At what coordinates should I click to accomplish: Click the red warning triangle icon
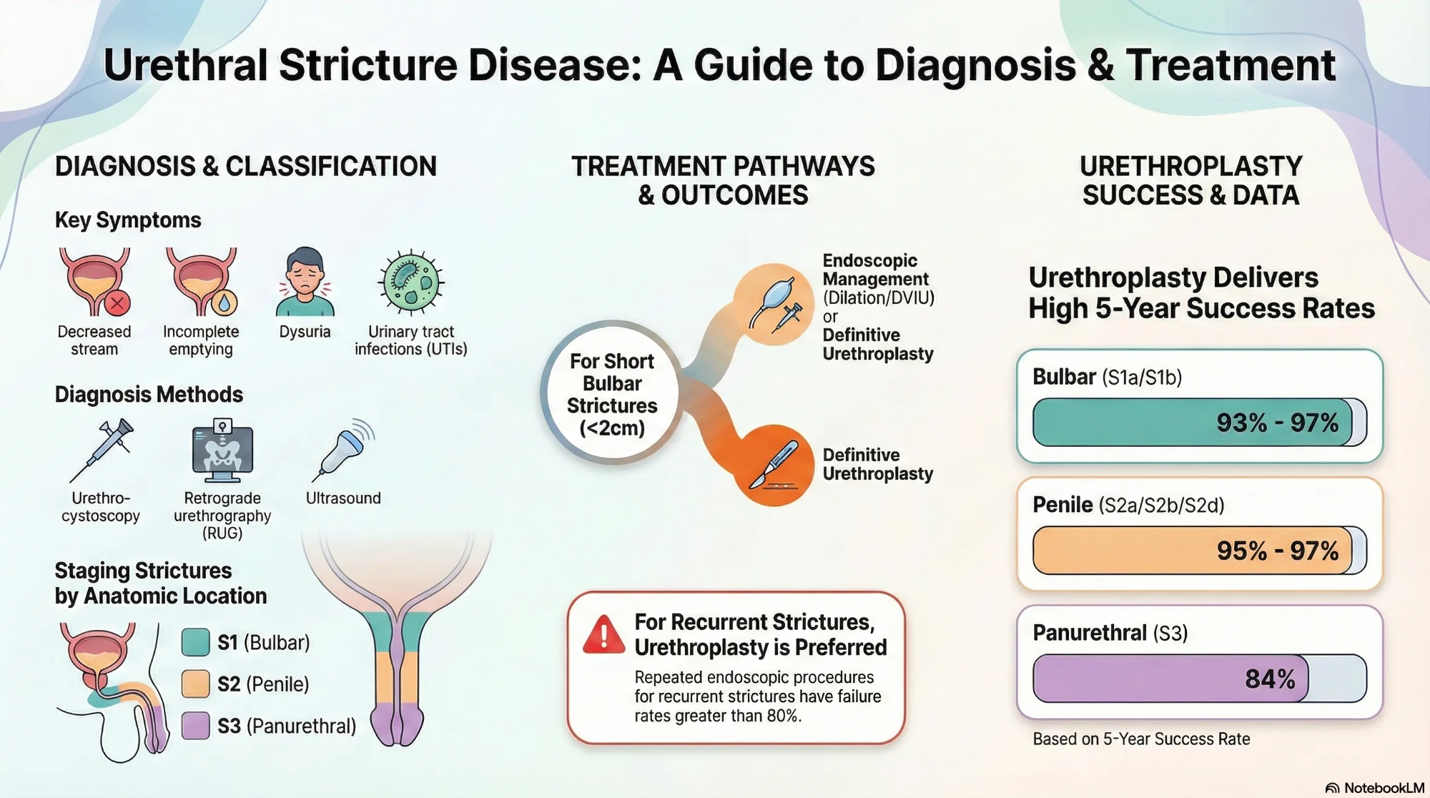pos(603,635)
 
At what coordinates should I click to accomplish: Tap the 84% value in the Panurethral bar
pos(1270,679)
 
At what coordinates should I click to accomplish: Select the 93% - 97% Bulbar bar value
pos(1277,423)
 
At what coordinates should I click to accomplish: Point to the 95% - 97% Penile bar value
pos(1277,551)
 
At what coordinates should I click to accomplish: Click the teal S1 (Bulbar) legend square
pos(195,642)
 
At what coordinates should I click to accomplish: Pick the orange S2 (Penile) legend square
pos(195,684)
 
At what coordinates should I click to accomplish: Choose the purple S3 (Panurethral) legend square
pos(195,725)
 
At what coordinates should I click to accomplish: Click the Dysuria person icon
pos(305,282)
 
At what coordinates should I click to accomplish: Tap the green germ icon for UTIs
pos(411,282)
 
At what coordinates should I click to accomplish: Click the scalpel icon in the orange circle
pos(774,465)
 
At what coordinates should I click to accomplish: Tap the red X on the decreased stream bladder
pos(117,303)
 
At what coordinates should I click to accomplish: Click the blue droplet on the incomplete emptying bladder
pos(225,303)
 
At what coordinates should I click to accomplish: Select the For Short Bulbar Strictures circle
pos(612,394)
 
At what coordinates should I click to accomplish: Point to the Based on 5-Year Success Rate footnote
pos(1141,739)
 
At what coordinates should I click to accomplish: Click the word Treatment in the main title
pos(1230,65)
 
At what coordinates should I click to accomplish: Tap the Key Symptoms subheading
pos(128,220)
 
